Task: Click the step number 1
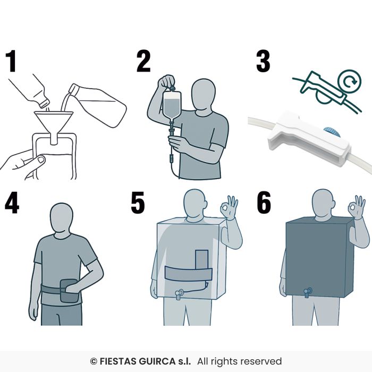(11, 61)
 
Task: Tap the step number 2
(143, 61)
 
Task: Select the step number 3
(263, 61)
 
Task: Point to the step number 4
(12, 202)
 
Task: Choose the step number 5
(138, 202)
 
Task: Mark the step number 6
(264, 202)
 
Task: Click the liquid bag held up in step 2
(172, 104)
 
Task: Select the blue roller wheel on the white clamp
(332, 132)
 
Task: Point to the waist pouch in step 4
(69, 291)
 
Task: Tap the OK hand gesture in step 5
(229, 207)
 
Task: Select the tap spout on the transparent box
(179, 294)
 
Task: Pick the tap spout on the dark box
(308, 292)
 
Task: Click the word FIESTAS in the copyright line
(118, 361)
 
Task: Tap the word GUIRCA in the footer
(157, 361)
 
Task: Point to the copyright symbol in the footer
(94, 361)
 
